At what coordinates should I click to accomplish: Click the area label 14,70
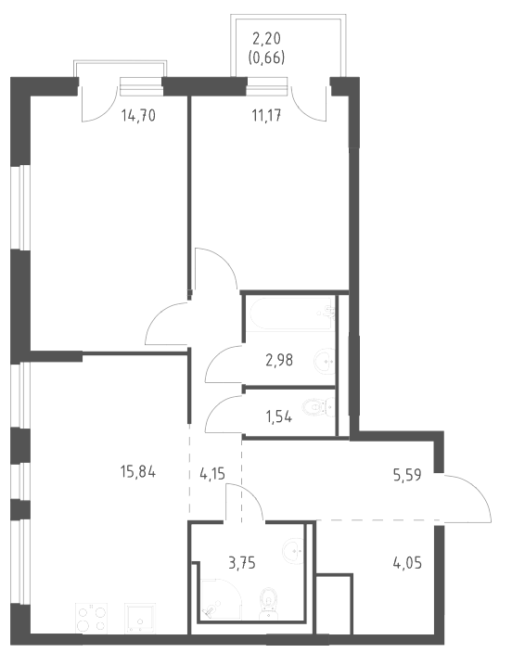click(x=138, y=115)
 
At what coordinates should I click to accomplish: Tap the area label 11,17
click(x=266, y=115)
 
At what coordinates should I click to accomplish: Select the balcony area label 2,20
click(x=266, y=39)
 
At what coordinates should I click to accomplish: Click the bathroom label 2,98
click(x=279, y=360)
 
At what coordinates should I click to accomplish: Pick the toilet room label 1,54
click(x=278, y=416)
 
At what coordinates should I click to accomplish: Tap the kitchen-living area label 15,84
click(x=138, y=472)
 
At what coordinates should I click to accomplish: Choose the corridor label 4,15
click(x=213, y=473)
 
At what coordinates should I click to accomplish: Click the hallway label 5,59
click(x=407, y=475)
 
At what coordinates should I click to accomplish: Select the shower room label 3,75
click(x=242, y=563)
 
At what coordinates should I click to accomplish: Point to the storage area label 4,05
click(x=407, y=563)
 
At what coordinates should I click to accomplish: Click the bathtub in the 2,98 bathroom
click(x=290, y=314)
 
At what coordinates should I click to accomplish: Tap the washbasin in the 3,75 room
click(x=294, y=550)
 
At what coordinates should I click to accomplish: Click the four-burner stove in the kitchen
click(x=92, y=620)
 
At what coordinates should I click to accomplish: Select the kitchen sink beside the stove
click(x=140, y=620)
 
